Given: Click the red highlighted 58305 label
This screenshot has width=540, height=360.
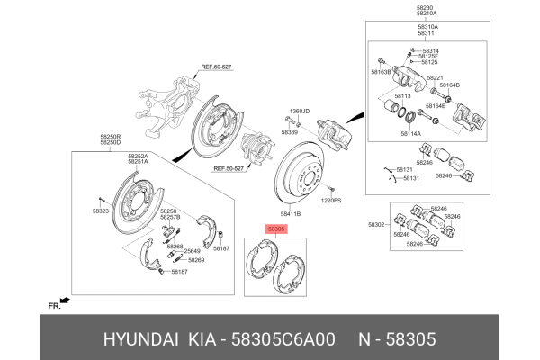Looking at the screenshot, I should (x=276, y=230).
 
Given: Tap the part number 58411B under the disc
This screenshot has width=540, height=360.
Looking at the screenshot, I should (x=290, y=214).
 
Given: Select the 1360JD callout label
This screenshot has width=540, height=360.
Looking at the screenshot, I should (x=299, y=111).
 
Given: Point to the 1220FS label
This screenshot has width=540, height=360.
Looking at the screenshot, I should (x=333, y=201).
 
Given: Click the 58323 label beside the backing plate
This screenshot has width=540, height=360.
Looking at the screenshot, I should (x=100, y=211).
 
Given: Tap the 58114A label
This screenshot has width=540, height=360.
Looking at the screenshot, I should (x=411, y=133).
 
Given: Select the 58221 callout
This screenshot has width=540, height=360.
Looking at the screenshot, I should (x=435, y=78).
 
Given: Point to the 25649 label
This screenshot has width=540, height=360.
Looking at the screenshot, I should (x=193, y=252).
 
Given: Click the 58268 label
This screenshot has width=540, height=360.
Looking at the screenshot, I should (x=175, y=246).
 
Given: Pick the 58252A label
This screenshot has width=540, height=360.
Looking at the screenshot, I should (x=138, y=156).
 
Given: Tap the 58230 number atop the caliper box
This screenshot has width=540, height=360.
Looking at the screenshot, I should (x=426, y=7).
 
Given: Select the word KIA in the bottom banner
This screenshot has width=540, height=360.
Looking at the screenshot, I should (x=206, y=339).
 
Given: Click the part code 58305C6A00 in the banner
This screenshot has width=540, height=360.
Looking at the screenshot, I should (x=285, y=339).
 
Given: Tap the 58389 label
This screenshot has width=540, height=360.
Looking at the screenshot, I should (x=289, y=132).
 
